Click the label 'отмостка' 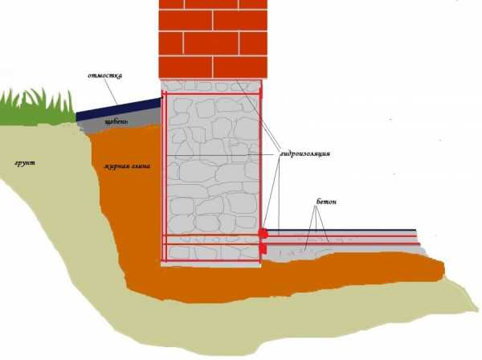(104, 76)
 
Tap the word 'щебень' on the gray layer (116, 122)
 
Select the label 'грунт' (25, 163)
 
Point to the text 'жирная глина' (127, 166)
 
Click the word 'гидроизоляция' (304, 153)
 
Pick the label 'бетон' (326, 202)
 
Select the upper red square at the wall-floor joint (263, 233)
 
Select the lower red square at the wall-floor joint (263, 248)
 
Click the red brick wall (213, 39)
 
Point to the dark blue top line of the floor (341, 230)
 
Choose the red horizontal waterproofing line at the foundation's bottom (211, 260)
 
